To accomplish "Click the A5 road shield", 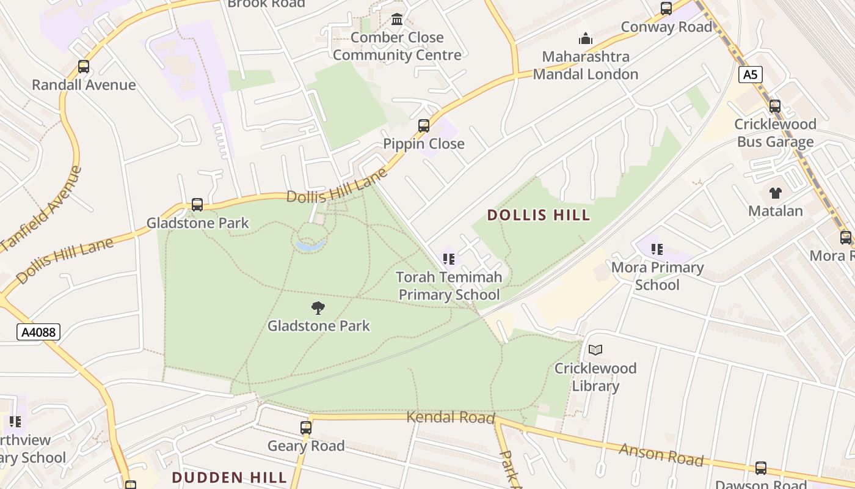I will click(751, 75).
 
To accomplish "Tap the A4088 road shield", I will click(38, 332).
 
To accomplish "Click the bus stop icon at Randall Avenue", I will click(84, 67).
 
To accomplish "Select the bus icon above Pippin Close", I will click(424, 126).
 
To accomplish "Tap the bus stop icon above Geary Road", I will click(306, 428).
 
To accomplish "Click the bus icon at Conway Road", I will click(666, 9).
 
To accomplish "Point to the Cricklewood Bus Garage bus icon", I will click(775, 106).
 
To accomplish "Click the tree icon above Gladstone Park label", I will click(318, 307).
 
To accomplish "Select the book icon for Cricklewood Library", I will click(595, 350).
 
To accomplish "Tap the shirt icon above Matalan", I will click(776, 193).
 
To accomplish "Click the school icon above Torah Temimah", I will click(449, 259).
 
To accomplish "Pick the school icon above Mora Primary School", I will click(657, 249).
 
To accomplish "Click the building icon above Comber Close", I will click(397, 20).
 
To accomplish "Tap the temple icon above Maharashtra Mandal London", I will click(586, 39).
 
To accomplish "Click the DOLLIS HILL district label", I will click(539, 215).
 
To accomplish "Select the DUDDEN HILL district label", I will click(229, 477).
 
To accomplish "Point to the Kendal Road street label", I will click(450, 417).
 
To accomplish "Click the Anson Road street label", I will click(661, 455).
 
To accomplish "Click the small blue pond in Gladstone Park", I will click(310, 246).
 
